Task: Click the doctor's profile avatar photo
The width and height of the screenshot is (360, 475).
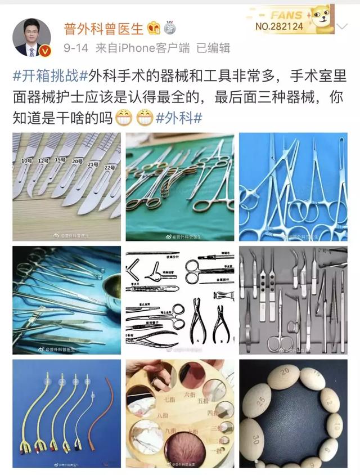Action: coord(31,37)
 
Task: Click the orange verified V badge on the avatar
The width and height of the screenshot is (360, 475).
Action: coord(47,52)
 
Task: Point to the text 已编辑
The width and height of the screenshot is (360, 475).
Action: coord(213,48)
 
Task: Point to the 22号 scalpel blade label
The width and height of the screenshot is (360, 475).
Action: coord(109,167)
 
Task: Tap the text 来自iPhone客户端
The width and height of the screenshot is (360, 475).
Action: coord(145,48)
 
